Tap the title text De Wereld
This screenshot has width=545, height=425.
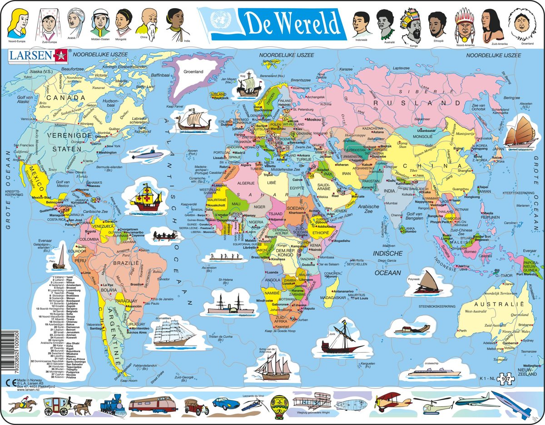(292, 22)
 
